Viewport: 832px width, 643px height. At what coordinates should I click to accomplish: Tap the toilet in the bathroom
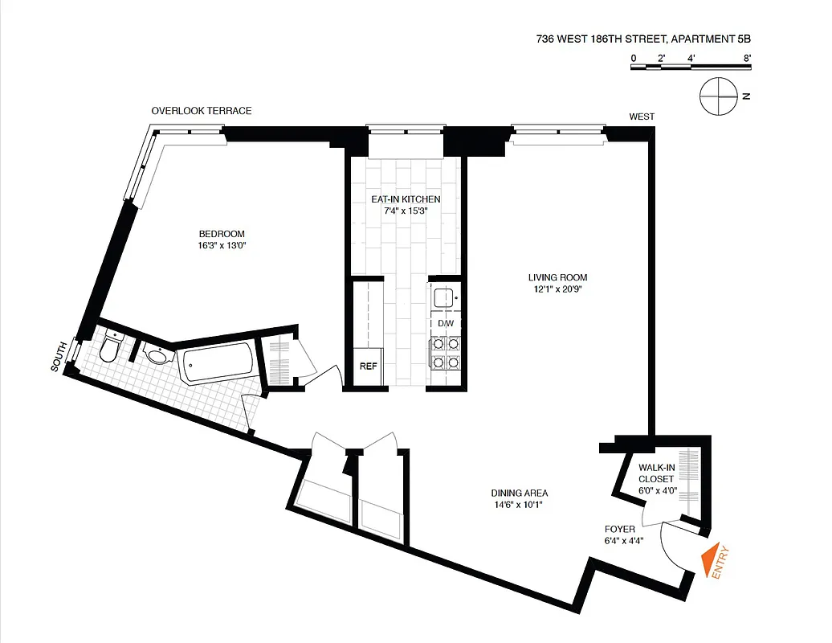pyautogui.click(x=109, y=348)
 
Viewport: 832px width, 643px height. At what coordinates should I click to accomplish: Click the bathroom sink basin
pyautogui.click(x=158, y=355)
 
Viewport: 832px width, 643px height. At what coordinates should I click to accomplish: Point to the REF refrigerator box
pyautogui.click(x=368, y=367)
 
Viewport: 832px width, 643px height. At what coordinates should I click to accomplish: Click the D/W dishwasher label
pyautogui.click(x=446, y=324)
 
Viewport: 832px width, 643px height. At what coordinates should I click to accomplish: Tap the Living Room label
pyautogui.click(x=553, y=278)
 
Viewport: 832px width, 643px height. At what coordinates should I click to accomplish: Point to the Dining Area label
pyautogui.click(x=519, y=494)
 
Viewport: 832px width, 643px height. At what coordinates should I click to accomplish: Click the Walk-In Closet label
pyautogui.click(x=656, y=473)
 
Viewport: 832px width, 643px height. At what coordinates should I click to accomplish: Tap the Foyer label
pyautogui.click(x=620, y=529)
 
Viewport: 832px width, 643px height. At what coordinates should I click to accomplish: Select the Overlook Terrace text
pyautogui.click(x=202, y=111)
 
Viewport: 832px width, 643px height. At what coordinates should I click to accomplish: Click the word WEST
pyautogui.click(x=641, y=117)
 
